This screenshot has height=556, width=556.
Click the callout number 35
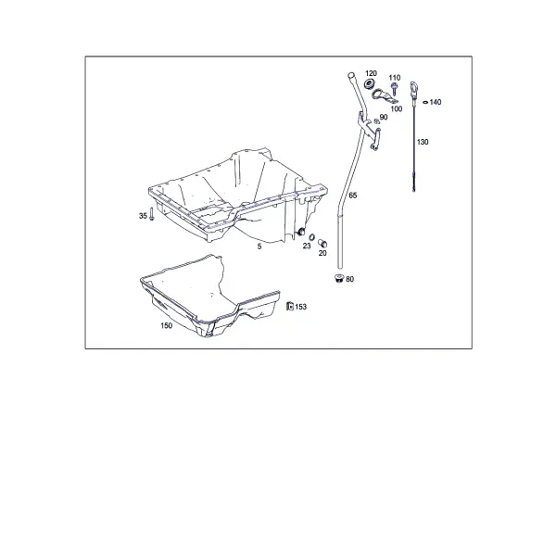coord(143,216)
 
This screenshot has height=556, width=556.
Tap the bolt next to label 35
coord(151,214)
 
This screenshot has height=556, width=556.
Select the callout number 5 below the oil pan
coord(259,246)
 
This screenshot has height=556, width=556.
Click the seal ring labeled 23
coord(311,237)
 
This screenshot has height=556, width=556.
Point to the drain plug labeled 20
coord(322,243)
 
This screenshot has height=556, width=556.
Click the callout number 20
coord(322,253)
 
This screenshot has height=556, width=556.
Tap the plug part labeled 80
coord(339,278)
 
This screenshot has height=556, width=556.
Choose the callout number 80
coord(349,280)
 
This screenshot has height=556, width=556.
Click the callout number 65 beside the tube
coord(353,196)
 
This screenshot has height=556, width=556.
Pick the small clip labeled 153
coord(290,306)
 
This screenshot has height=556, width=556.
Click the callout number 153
coord(300,307)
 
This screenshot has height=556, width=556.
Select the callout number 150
coord(166,325)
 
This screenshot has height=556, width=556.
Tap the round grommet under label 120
coord(370,84)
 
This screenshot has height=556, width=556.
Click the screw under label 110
coord(394,89)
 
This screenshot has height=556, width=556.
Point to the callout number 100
coord(396,108)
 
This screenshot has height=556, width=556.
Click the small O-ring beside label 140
coord(425,103)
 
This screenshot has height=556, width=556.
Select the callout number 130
coord(423,142)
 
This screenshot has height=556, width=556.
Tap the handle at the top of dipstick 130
coord(413,88)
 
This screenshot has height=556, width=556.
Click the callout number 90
coord(384,118)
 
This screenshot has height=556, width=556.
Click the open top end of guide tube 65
coord(351,75)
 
